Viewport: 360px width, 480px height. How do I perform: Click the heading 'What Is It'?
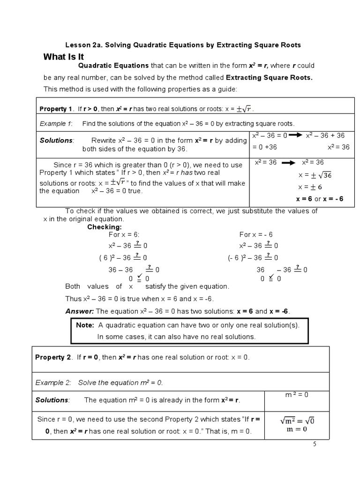[63, 57]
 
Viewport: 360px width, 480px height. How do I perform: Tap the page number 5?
[315, 444]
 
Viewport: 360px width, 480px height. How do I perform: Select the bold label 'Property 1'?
[56, 109]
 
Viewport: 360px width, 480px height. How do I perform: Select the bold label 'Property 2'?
[52, 357]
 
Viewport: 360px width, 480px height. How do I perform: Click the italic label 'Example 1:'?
[55, 124]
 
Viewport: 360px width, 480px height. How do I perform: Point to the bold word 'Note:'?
[85, 325]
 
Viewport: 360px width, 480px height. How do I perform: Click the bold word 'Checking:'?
[105, 227]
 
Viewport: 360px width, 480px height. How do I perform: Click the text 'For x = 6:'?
[124, 234]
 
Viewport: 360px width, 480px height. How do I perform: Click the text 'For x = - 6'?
[256, 234]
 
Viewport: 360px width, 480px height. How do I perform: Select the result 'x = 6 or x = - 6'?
[320, 199]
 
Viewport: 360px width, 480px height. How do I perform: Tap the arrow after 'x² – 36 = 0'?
[295, 135]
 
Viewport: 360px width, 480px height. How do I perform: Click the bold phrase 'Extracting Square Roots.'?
[269, 77]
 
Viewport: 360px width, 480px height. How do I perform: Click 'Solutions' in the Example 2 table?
[52, 400]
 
